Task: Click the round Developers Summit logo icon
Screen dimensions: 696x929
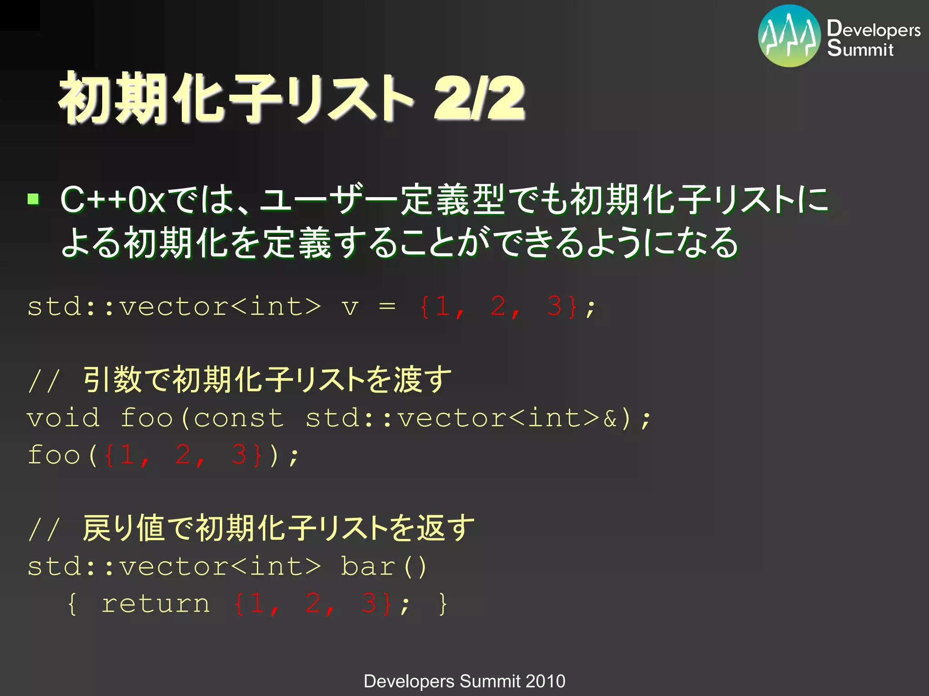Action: pyautogui.click(x=789, y=36)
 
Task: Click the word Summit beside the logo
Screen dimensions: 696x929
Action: pyautogui.click(x=860, y=48)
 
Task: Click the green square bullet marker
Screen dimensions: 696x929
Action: pyautogui.click(x=33, y=199)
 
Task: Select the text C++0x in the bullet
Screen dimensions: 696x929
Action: pyautogui.click(x=113, y=199)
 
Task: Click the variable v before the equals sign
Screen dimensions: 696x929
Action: pyautogui.click(x=350, y=307)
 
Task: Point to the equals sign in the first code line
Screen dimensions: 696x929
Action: pyautogui.click(x=387, y=307)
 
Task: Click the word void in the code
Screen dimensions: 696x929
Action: pyautogui.click(x=64, y=418)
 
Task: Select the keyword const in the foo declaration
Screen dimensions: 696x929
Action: pyautogui.click(x=239, y=418)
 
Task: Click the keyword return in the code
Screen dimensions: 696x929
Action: pyautogui.click(x=156, y=604)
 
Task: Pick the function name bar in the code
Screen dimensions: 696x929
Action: pyautogui.click(x=368, y=566)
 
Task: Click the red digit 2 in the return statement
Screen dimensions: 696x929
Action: pyautogui.click(x=313, y=604)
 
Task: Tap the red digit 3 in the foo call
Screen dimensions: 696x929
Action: pyautogui.click(x=239, y=455)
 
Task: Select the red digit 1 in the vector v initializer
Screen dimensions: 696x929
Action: pyautogui.click(x=442, y=307)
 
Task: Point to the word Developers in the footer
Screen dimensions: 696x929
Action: pyautogui.click(x=409, y=681)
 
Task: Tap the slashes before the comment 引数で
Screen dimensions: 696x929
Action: pyautogui.click(x=44, y=381)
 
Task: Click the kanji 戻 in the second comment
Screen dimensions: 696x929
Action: pyautogui.click(x=96, y=528)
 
